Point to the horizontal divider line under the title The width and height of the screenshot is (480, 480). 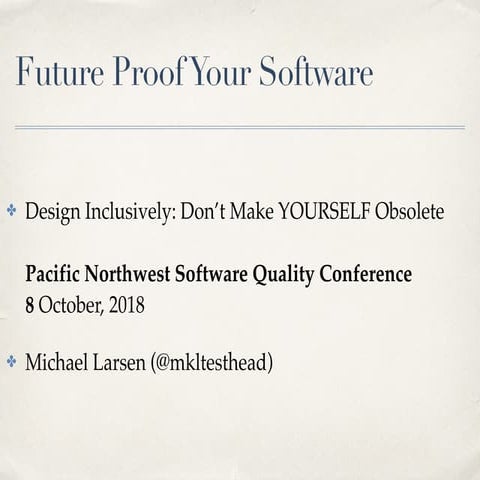click(240, 127)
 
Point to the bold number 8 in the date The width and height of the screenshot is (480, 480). click(30, 303)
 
